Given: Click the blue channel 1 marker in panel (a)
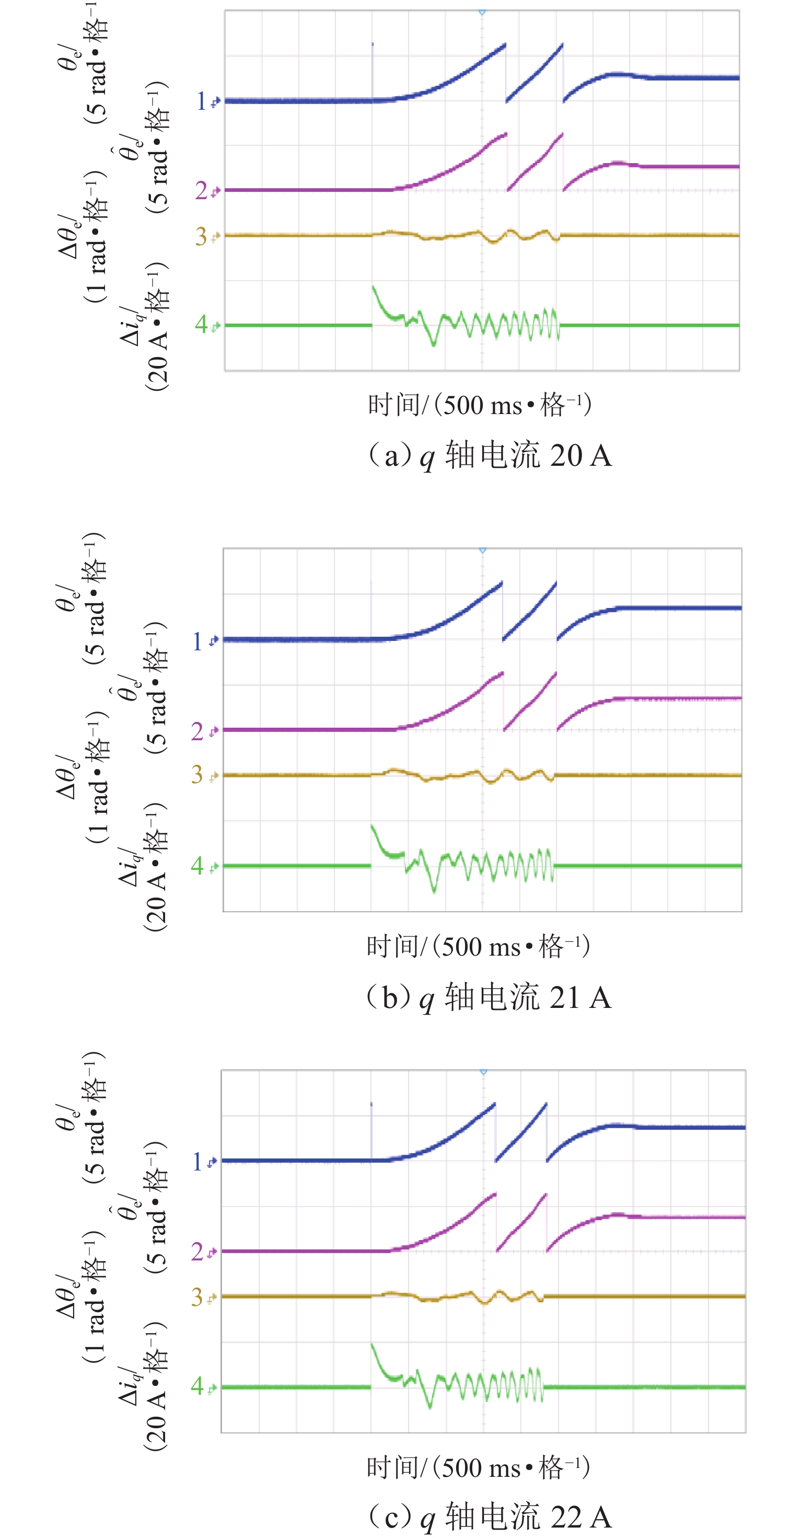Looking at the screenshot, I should pos(207,101).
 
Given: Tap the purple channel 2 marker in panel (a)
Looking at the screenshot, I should pos(206,191).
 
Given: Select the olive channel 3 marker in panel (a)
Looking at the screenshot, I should pos(206,236).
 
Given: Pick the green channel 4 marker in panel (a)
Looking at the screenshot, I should pos(206,325).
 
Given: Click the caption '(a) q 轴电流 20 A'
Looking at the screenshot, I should pos(490,455).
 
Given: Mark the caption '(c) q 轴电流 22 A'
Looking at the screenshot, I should pos(490,1517).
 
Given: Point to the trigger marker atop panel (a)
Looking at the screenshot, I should pos(482,12).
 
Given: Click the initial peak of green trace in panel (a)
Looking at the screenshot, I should pos(374,287).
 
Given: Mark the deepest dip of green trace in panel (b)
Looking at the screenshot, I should pos(434,892).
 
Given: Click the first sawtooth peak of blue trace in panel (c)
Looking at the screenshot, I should pos(494,1104).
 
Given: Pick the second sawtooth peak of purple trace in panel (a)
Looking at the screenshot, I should pos(562,134).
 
